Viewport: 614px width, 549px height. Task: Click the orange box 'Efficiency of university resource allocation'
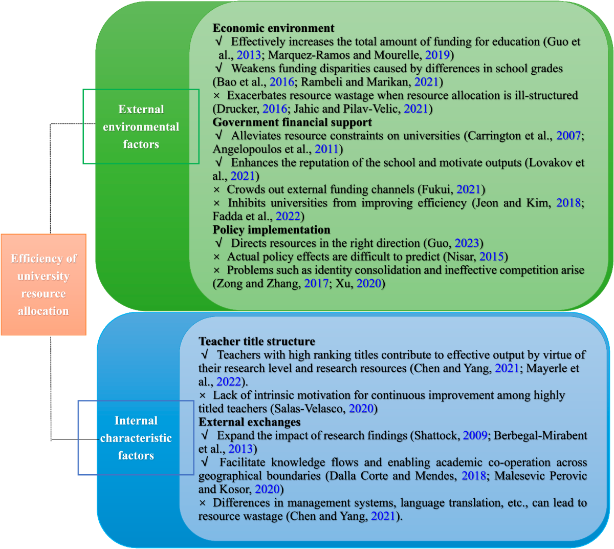(43, 285)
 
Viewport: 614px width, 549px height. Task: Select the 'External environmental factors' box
(141, 126)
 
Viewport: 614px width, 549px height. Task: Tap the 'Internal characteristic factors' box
(136, 438)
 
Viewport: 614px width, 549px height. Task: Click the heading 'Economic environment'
(273, 28)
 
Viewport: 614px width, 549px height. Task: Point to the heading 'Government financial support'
(292, 122)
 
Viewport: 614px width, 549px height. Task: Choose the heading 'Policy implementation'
(271, 230)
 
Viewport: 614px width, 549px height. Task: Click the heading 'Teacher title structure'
(257, 342)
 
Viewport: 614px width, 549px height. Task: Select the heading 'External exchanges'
(249, 422)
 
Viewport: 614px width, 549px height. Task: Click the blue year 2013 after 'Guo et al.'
(249, 55)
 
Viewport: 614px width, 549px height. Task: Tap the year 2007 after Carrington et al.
(568, 136)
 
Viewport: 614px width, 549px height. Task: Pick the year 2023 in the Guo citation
(467, 243)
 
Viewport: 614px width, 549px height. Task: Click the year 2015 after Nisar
(491, 257)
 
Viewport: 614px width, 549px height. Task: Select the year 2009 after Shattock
(475, 435)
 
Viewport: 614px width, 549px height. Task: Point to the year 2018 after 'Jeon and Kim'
(568, 203)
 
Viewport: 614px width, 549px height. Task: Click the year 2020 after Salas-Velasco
(361, 409)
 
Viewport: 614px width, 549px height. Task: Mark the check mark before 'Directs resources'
(218, 243)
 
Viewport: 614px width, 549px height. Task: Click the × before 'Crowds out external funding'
(216, 190)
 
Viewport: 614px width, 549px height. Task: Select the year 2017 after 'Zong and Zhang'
(316, 283)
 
